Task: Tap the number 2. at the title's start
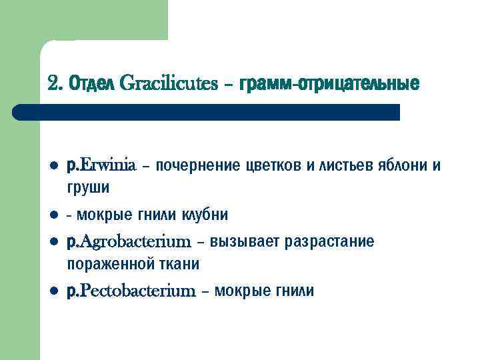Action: [x=56, y=85]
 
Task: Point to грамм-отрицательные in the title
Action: [x=324, y=85]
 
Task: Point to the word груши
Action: [x=89, y=189]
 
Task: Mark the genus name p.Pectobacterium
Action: [x=131, y=291]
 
